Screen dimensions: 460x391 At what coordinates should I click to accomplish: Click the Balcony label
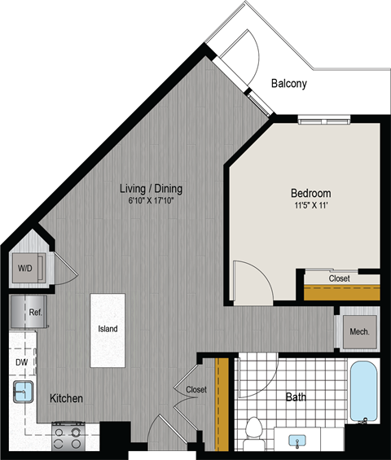click(x=289, y=83)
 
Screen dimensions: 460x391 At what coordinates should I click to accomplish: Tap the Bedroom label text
click(x=311, y=193)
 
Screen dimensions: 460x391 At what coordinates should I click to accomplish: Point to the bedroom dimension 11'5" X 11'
click(x=311, y=205)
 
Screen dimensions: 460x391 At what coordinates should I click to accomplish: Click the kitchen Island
click(x=108, y=330)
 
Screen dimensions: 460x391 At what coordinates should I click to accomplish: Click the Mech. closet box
click(x=359, y=332)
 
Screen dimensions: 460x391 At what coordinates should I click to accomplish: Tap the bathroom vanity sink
click(x=299, y=440)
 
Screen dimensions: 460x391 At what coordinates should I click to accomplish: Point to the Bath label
click(x=297, y=399)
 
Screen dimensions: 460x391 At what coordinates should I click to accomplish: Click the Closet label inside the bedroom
click(x=339, y=278)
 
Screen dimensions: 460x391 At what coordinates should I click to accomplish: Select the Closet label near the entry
click(x=196, y=390)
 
